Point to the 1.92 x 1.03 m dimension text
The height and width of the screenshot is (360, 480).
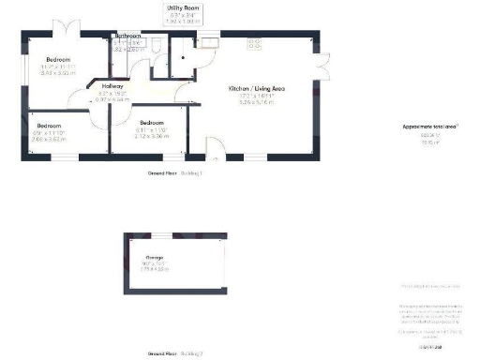[182, 21]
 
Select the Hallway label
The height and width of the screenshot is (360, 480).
[112, 82]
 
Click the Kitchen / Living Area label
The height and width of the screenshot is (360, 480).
[257, 88]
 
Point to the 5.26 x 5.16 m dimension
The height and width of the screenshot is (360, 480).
[257, 102]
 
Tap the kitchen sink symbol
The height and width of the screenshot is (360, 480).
[205, 42]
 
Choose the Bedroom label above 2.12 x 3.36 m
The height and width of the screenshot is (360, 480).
[151, 123]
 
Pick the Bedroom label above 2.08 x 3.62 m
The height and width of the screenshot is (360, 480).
[49, 125]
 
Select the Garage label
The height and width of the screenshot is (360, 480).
[155, 257]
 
